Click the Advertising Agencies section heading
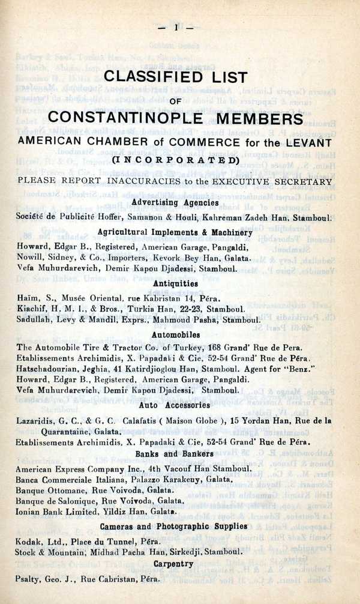pyautogui.click(x=175, y=202)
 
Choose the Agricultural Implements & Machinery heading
pyautogui.click(x=175, y=232)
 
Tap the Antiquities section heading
pyautogui.click(x=175, y=282)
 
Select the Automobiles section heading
pyautogui.click(x=175, y=334)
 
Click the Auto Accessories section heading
pyautogui.click(x=175, y=405)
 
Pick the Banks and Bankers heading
pyautogui.click(x=175, y=454)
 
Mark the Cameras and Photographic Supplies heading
pyautogui.click(x=175, y=526)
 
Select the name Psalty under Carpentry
pyautogui.click(x=29, y=579)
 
